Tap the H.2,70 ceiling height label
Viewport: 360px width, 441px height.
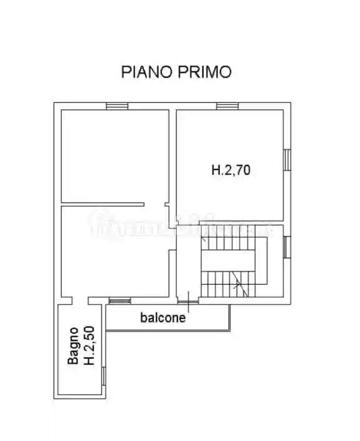coord(230,169)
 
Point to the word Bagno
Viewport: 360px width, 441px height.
coord(73,346)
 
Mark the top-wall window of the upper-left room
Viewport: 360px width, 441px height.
coord(116,106)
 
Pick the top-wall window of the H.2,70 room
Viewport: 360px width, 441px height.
coord(227,106)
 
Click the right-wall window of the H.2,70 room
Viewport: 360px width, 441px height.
coord(287,159)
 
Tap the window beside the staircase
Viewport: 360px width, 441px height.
coord(287,246)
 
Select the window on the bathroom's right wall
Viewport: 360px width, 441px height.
coord(104,376)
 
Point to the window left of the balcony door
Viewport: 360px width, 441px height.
coord(120,301)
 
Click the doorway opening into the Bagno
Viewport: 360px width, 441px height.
coord(80,301)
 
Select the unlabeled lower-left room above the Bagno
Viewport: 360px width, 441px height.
coord(115,252)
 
